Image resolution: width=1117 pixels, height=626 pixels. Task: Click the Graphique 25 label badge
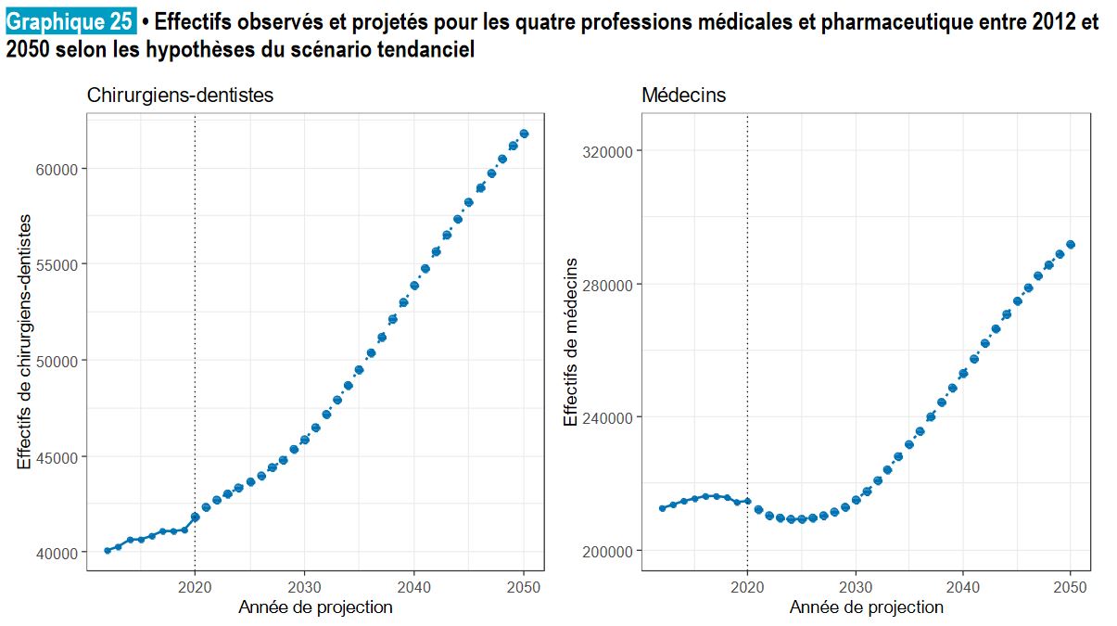tap(70, 23)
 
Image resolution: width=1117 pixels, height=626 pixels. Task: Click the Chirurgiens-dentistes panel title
tap(180, 95)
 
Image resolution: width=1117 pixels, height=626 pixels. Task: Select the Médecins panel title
tap(684, 95)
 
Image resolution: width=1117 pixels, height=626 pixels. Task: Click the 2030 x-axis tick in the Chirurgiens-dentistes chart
tap(304, 585)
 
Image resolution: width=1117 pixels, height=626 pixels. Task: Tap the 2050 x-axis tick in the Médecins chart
tap(1071, 585)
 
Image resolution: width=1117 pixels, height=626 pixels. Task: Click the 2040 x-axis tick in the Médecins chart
tap(963, 585)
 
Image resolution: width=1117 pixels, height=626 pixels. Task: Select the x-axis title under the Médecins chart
tap(866, 607)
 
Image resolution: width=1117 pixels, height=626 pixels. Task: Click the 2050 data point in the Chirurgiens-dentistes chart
tap(524, 134)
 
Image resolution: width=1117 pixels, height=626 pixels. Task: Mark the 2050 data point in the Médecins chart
tap(1071, 245)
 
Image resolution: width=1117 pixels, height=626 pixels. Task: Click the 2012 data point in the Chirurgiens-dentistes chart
tap(108, 550)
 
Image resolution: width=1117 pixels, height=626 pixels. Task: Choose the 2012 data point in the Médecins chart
tap(661, 508)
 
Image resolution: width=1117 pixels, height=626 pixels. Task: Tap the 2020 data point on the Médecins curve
tap(747, 502)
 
